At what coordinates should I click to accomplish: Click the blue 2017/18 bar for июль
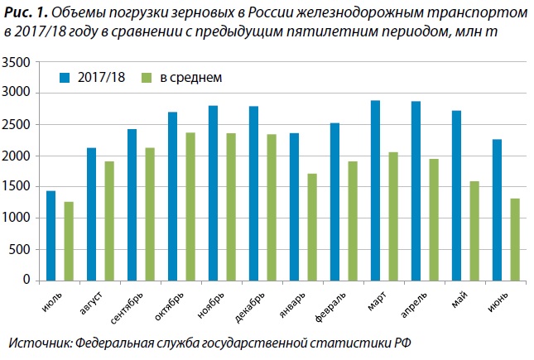51,236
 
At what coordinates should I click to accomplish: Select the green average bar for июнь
514,239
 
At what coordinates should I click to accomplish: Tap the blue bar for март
375,190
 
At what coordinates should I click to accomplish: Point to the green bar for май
474,230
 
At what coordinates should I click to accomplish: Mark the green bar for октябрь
190,206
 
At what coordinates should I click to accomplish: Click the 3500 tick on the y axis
17,63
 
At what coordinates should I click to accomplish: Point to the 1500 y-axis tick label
17,187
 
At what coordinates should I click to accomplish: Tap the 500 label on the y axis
21,249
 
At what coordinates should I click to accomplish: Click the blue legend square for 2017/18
64,78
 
